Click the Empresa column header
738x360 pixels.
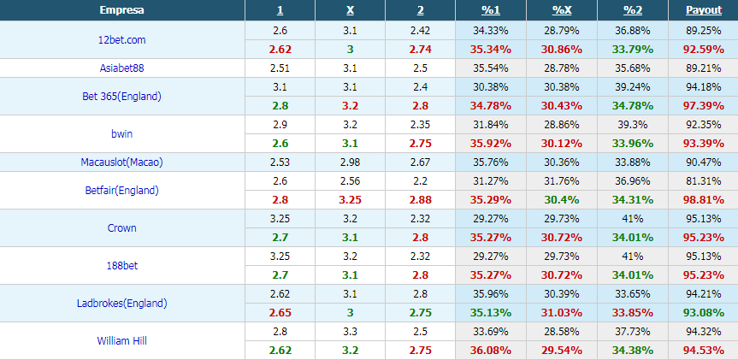122,10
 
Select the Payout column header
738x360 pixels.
704,10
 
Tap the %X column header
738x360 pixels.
562,10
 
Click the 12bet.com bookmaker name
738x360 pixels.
122,40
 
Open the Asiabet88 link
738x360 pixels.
122,68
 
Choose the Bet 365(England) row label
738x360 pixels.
122,97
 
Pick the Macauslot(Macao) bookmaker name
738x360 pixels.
122,162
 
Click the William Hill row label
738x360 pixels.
122,340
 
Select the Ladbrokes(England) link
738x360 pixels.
122,304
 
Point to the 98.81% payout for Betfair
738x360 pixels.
704,200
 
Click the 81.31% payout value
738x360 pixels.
704,181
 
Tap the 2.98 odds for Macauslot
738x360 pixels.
350,162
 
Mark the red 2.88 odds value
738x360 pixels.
420,200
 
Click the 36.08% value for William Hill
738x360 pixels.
491,351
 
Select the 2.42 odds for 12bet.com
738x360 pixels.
420,31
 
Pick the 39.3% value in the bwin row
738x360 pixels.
633,125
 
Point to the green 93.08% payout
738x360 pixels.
704,313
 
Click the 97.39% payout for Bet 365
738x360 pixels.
704,106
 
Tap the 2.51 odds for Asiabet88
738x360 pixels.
280,68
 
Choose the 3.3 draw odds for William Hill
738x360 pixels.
350,332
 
